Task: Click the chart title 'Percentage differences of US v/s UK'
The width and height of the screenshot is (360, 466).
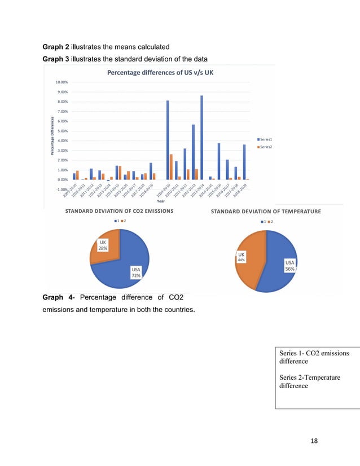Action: tap(160, 72)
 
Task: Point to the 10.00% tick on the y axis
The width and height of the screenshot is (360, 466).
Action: tap(62, 82)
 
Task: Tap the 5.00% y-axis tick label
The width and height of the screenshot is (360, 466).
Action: tap(62, 131)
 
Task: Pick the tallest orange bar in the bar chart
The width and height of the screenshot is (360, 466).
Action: tap(171, 166)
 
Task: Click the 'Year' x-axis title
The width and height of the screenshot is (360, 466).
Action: tap(161, 201)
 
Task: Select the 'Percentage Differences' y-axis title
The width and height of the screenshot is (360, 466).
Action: tap(51, 136)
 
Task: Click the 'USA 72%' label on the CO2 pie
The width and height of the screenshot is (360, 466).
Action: tap(136, 272)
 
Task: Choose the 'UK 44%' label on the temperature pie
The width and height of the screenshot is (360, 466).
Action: tap(240, 257)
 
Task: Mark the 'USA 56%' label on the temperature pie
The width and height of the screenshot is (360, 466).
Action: tap(289, 265)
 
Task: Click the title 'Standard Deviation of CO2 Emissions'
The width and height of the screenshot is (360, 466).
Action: tap(119, 211)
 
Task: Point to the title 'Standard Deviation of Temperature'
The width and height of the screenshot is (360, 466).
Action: tap(266, 212)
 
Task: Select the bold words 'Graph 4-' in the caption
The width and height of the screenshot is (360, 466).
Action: tap(60, 297)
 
